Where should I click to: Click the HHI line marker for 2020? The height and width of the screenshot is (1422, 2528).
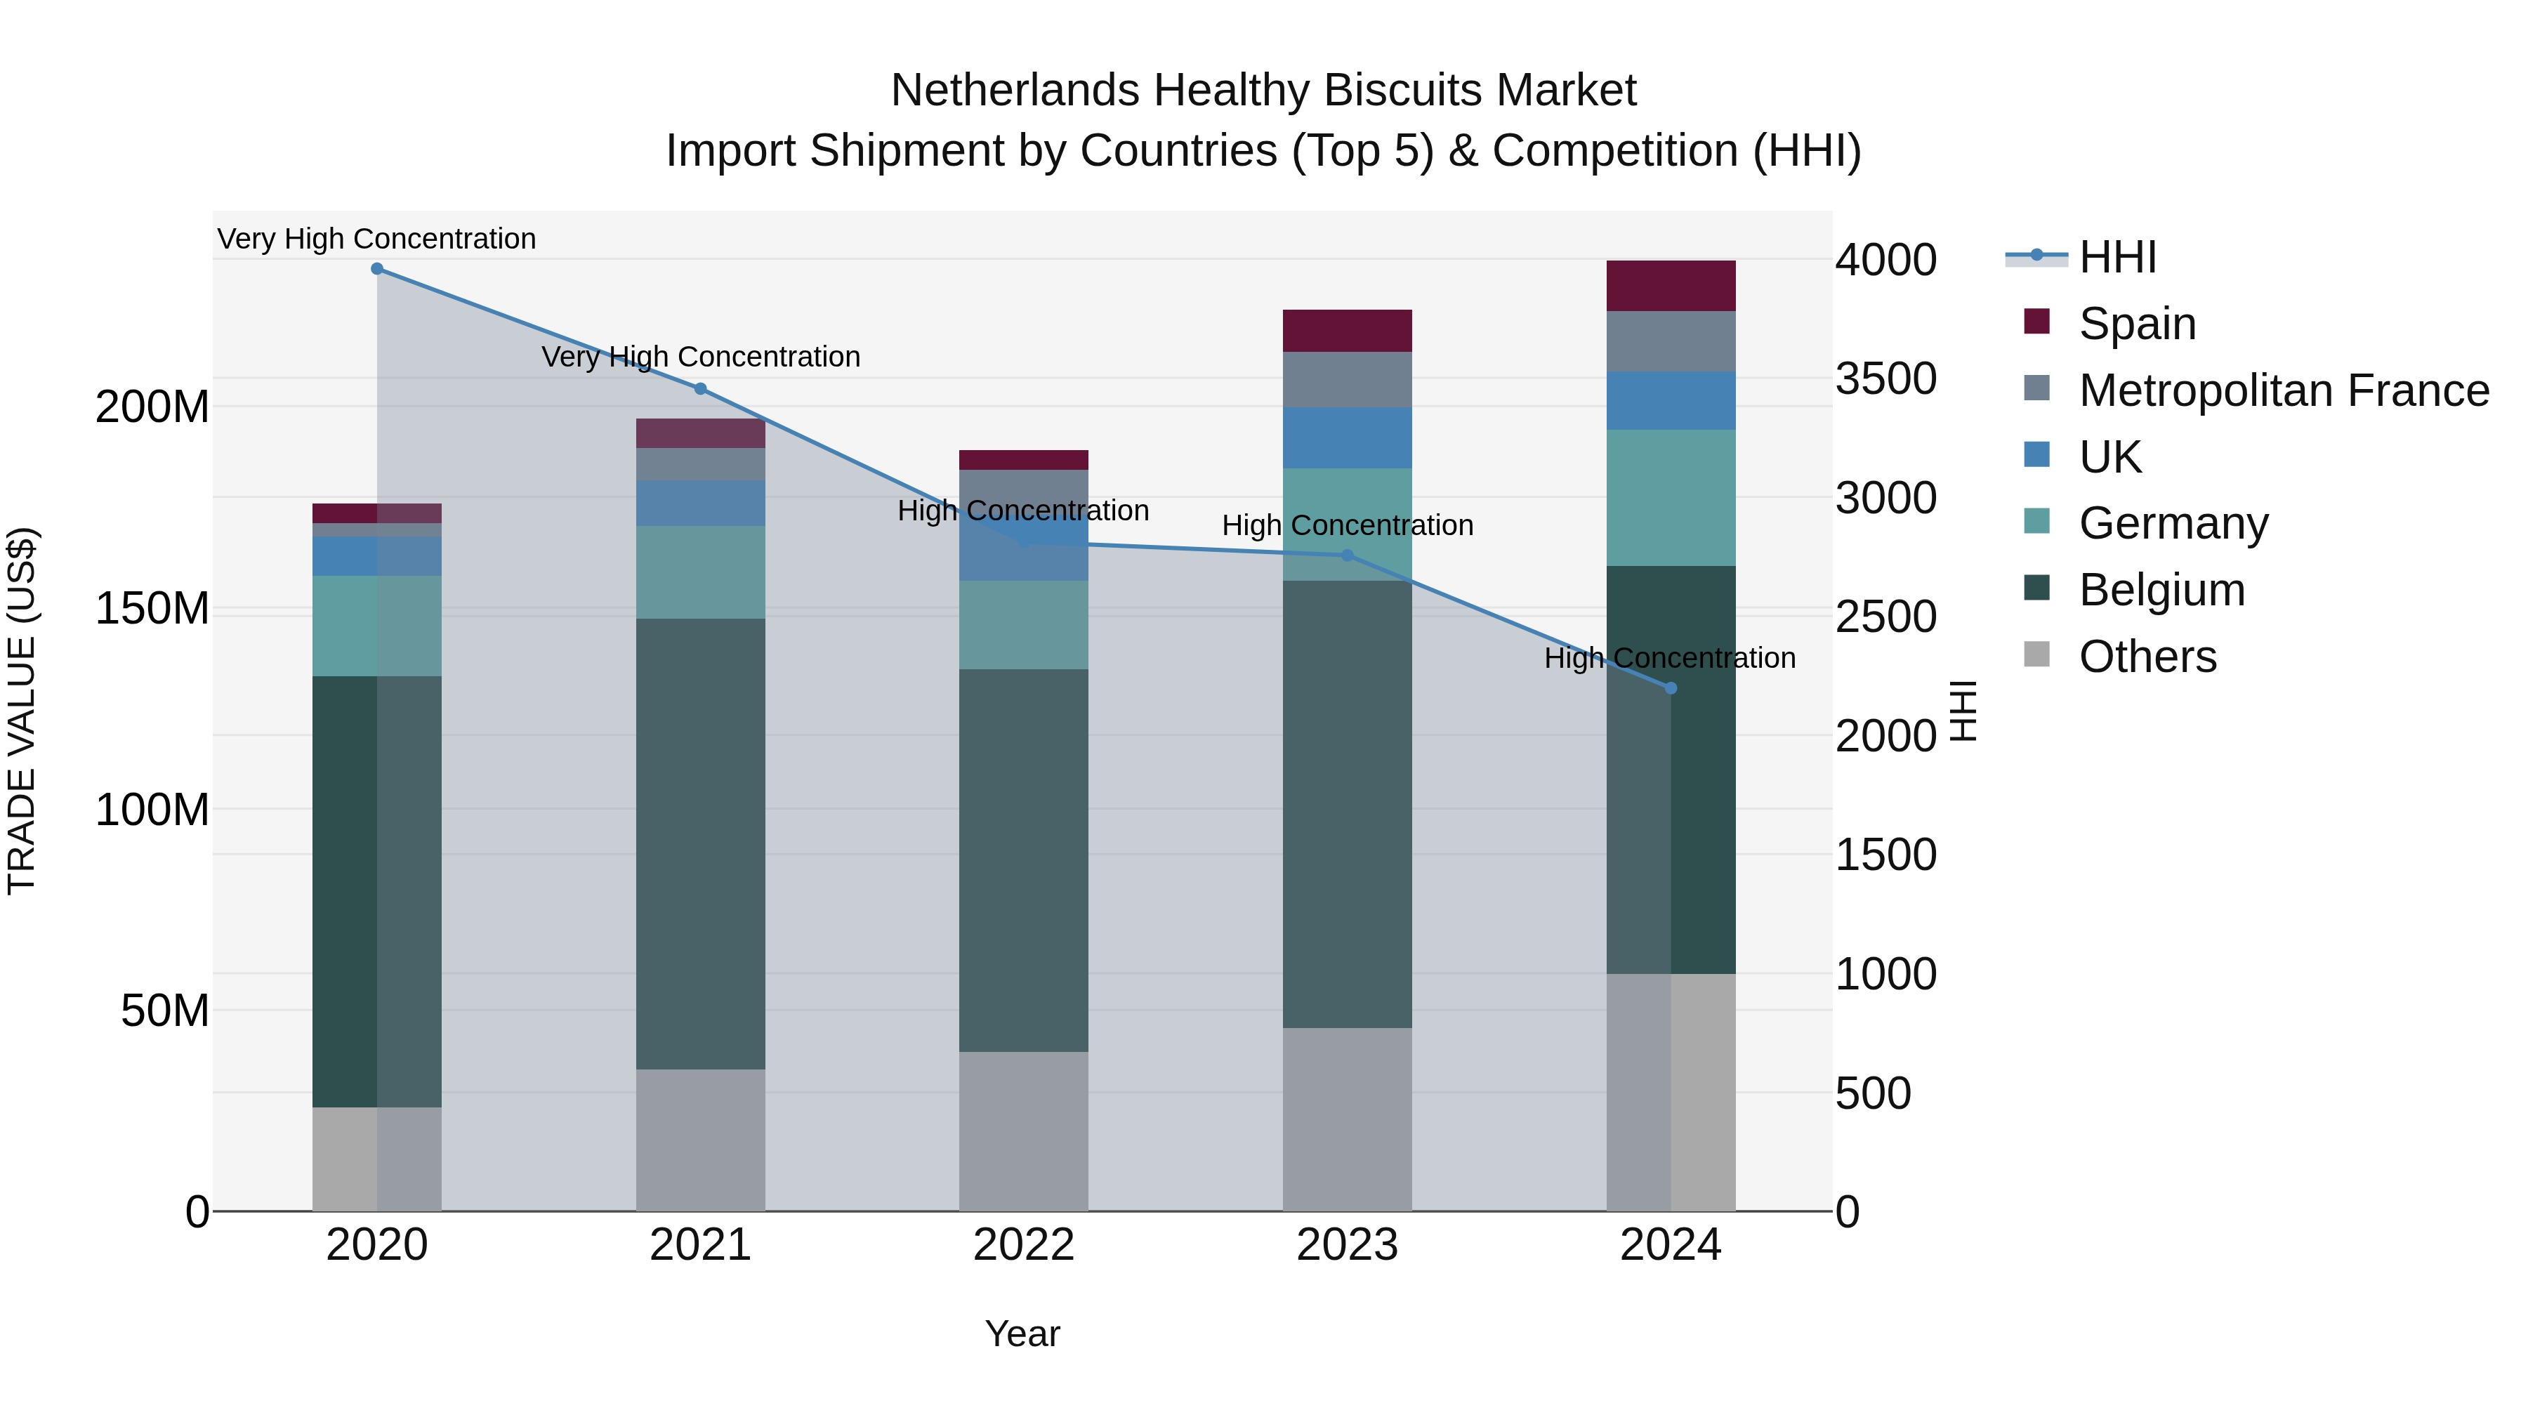pos(377,269)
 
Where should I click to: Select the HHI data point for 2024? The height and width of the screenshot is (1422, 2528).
pos(1671,688)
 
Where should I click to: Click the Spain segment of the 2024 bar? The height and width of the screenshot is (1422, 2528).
pos(1671,286)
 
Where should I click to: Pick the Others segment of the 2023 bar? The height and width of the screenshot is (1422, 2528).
pos(1348,1119)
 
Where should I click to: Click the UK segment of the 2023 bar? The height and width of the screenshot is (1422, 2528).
pos(1348,437)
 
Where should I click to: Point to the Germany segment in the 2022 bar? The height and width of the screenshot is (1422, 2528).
pos(1024,625)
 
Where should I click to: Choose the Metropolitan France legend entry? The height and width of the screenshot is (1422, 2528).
pos(2284,390)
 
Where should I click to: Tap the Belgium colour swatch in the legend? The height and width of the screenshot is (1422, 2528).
pos(2037,589)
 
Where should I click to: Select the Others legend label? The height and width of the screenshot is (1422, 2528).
pos(2147,657)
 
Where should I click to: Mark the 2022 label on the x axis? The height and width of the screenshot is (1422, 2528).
pos(1024,1245)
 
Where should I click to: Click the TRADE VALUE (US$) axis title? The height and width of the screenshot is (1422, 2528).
pos(22,711)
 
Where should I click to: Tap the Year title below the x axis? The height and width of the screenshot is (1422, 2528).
pos(1022,1334)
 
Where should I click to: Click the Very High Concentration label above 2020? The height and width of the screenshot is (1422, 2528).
pos(377,239)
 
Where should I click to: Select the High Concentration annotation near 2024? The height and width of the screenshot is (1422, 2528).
pos(1671,657)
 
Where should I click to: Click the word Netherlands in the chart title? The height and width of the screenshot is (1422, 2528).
pos(1015,91)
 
